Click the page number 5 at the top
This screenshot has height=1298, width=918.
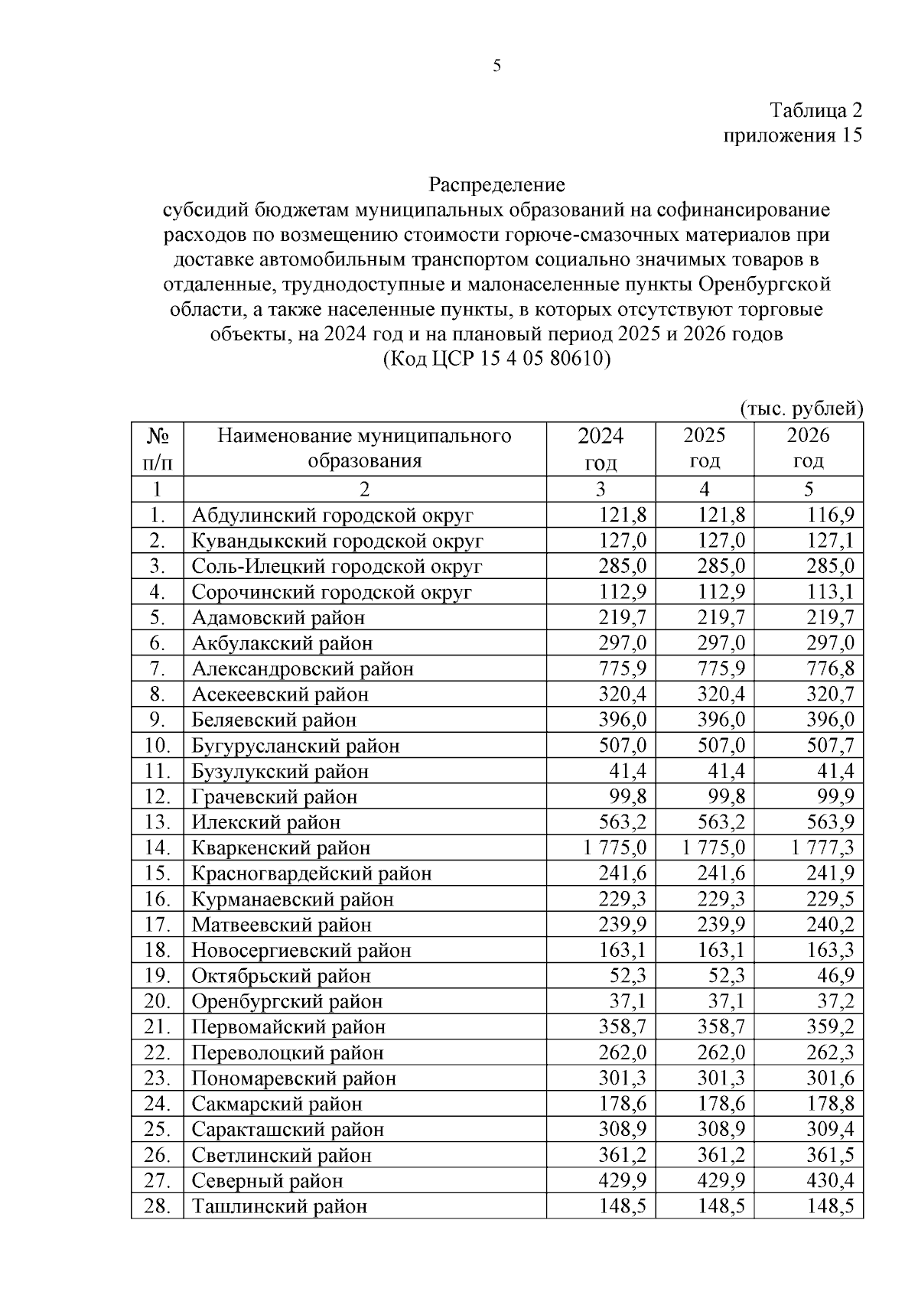pos(497,67)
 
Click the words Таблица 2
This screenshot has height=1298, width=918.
pos(815,110)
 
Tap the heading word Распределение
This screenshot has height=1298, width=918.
pos(496,184)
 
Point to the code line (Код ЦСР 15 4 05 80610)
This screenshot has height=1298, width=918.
pos(496,359)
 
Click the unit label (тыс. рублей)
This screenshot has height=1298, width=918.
pos(801,409)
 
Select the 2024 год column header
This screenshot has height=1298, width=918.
pos(601,449)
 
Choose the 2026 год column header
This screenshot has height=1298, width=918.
pos(808,448)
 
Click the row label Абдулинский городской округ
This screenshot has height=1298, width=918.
pos(333,516)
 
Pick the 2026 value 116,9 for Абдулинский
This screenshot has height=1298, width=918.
pos(831,516)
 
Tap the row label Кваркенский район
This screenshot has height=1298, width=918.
pos(281,848)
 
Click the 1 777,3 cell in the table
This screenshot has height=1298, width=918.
pos(823,848)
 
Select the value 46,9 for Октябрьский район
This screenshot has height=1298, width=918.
pos(836,976)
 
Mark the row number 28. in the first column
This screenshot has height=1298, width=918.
pos(157,1207)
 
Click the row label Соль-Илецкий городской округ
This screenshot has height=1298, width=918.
pos(337,567)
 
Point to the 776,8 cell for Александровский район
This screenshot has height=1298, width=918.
pos(831,669)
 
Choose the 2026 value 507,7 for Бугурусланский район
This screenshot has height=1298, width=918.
pos(831,746)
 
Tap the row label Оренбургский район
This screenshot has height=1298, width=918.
pos(287,1002)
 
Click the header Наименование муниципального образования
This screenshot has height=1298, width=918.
pos(365,449)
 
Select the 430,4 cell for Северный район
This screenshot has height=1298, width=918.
pos(831,1181)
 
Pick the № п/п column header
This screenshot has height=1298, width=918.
pos(157,449)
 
